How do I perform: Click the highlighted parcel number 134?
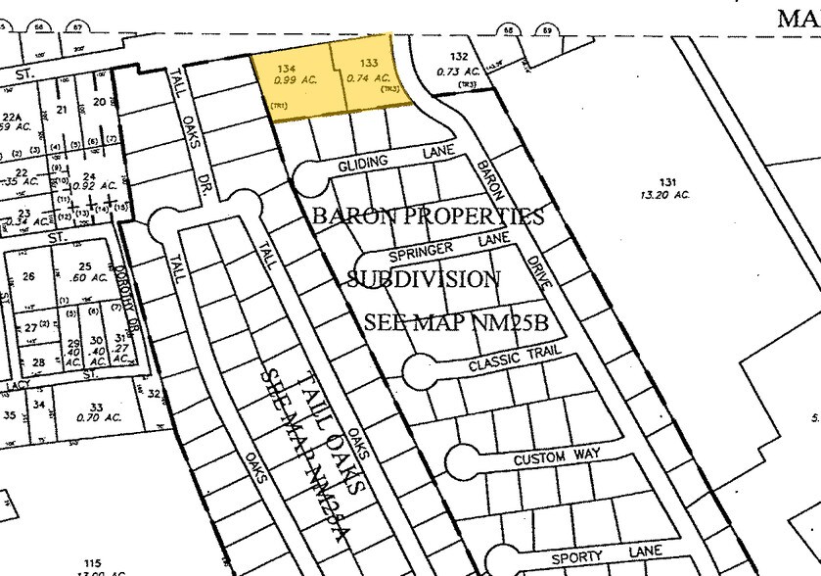[x=286, y=68]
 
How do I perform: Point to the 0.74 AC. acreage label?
[x=369, y=77]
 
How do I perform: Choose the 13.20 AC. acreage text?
[x=664, y=195]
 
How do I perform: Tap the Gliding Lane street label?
[x=390, y=160]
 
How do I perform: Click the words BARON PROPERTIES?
[x=428, y=216]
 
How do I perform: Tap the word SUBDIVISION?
[x=424, y=279]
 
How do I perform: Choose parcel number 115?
[x=92, y=563]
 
